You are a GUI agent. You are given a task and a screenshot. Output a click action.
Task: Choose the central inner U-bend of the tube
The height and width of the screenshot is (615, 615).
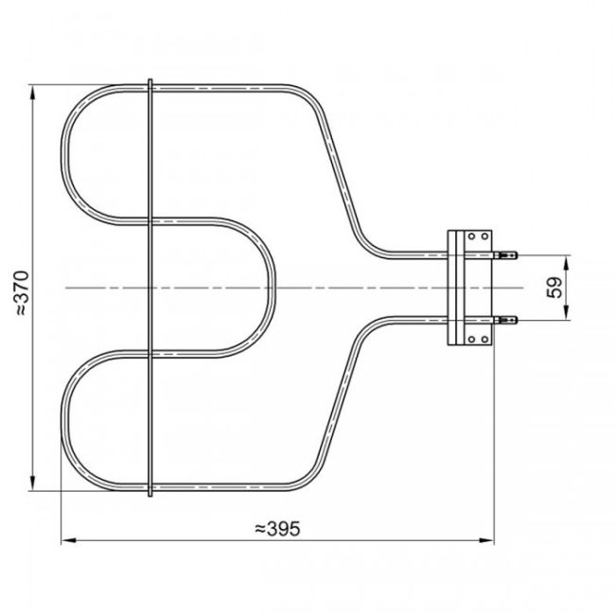[x=271, y=288]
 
